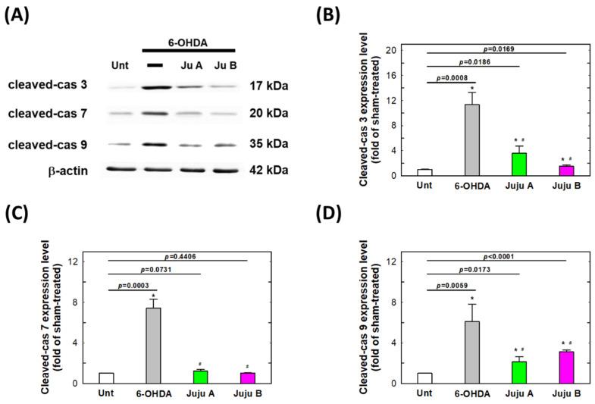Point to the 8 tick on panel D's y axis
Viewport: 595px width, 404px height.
(395, 302)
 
